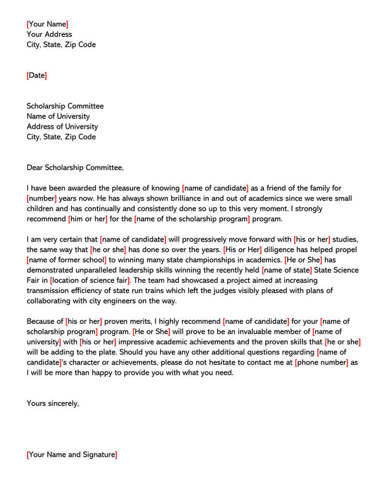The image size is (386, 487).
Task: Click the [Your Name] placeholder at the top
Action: click(x=47, y=24)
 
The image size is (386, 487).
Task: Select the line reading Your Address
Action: click(x=49, y=34)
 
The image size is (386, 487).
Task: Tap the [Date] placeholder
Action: click(x=37, y=75)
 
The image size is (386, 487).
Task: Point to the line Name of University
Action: click(x=58, y=116)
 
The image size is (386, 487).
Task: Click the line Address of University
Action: click(x=62, y=126)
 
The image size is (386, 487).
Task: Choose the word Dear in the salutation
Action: click(x=35, y=167)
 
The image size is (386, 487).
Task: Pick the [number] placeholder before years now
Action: click(x=42, y=198)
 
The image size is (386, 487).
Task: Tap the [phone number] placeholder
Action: click(x=321, y=362)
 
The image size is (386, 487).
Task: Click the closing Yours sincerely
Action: click(x=53, y=404)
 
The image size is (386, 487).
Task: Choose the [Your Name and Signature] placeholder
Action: click(x=72, y=455)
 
